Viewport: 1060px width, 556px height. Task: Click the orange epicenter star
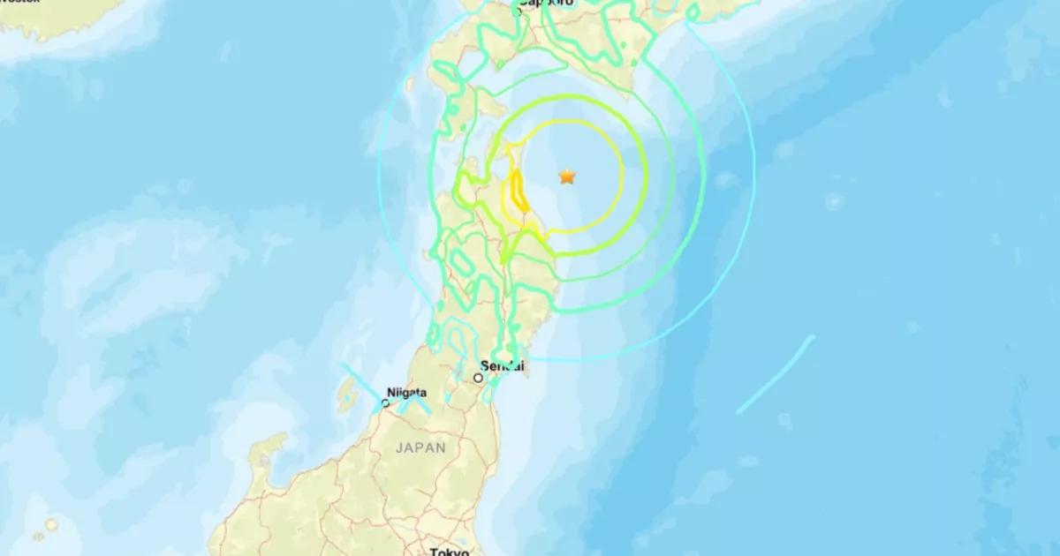coord(566,177)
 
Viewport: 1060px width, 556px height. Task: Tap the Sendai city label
coord(503,365)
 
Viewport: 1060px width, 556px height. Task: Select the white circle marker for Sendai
coord(478,378)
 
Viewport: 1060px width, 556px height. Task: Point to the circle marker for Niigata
coord(385,403)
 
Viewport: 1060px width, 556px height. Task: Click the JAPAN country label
coord(420,448)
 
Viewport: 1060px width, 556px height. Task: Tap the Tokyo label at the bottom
coord(450,552)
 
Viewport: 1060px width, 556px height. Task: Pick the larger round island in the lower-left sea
coord(51,524)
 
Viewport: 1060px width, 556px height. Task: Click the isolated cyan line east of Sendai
coord(775,374)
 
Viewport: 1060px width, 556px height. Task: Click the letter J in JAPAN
coord(398,448)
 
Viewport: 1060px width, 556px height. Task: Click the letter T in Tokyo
coord(434,552)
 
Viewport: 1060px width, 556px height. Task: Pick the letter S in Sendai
coord(485,365)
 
